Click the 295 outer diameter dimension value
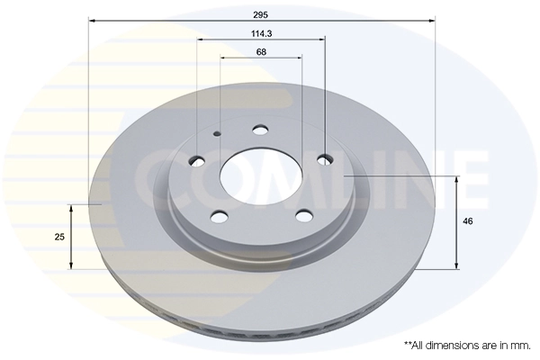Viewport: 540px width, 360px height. pos(261,13)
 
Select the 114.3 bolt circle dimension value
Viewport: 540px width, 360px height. pos(261,33)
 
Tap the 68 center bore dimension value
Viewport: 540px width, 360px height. pos(261,52)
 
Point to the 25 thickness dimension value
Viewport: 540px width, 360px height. pos(58,236)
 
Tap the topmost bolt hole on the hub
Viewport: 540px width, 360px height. pos(261,130)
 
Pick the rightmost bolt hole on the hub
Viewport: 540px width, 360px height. pos(325,160)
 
